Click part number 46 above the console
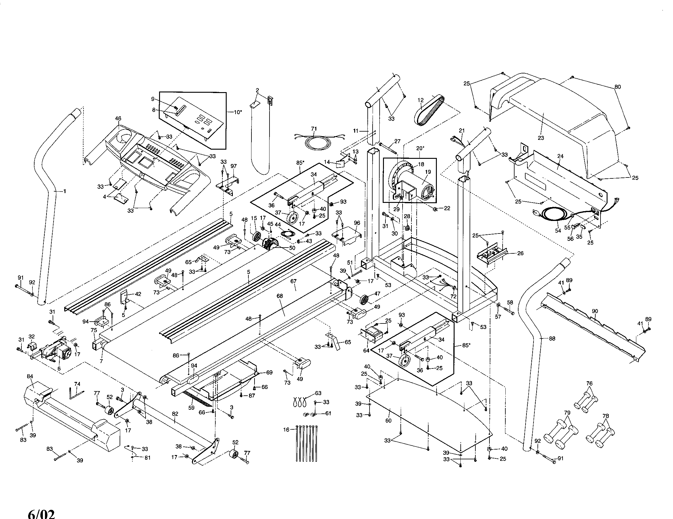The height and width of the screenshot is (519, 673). pos(118,118)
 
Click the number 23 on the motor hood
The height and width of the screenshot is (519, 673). pos(541,138)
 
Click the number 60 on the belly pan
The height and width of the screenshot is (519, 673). pos(388,420)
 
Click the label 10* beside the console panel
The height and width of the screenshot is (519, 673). pos(237,112)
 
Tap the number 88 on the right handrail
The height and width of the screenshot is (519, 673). pos(552,338)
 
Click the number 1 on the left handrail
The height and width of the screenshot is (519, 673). pos(65,191)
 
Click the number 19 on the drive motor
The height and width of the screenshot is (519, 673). pos(428,172)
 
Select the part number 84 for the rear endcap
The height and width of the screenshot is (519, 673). pos(30,376)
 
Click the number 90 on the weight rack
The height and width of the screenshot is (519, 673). pos(595,311)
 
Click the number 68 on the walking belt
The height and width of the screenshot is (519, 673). pos(280,296)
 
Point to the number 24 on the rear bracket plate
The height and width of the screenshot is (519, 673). pos(560,156)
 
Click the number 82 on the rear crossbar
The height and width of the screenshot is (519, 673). pos(175,414)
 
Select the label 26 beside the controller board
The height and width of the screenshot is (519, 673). pos(520,254)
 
